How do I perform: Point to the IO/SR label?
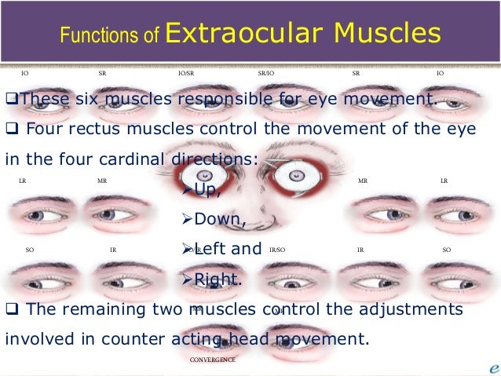[186, 73]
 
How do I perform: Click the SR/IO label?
[266, 73]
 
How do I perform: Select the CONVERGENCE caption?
[212, 360]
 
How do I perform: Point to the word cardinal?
[130, 158]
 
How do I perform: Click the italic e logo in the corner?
[490, 367]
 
